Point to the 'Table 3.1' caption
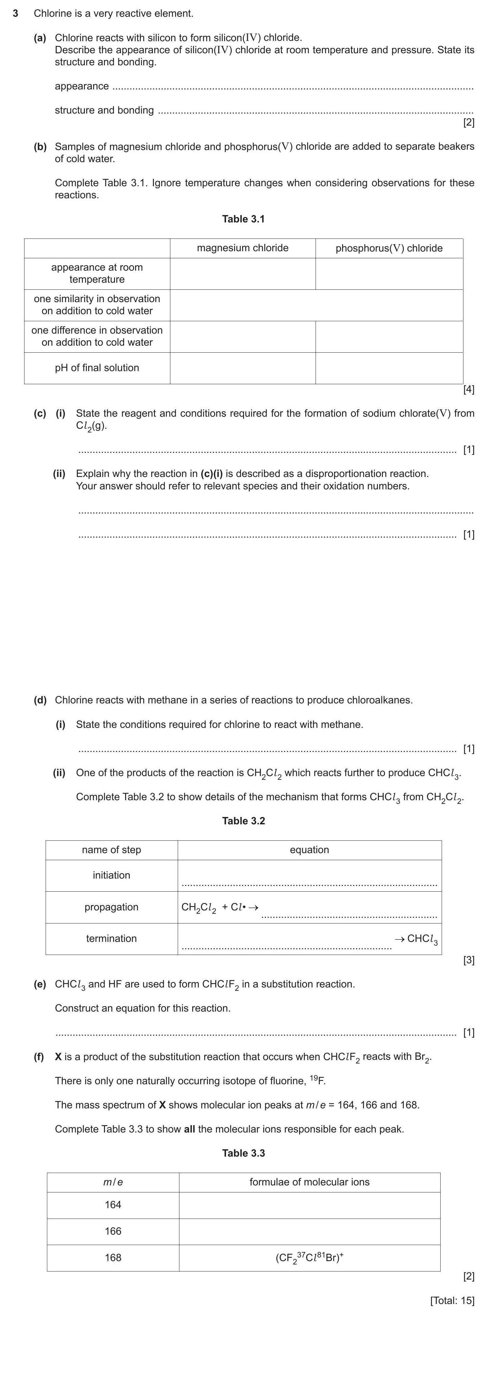pos(243,219)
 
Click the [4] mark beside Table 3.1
pos(468,390)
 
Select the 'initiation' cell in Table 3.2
pos(111,875)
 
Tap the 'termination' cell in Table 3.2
pos(111,939)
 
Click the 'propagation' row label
pos(111,907)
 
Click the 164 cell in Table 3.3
pos(113,1205)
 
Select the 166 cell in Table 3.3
pos(113,1231)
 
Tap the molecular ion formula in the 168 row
pos(310,1257)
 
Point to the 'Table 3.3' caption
pos(243,1153)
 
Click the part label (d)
pos(40,700)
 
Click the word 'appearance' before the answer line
pos(82,86)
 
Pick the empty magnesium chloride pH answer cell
pos(243,368)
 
